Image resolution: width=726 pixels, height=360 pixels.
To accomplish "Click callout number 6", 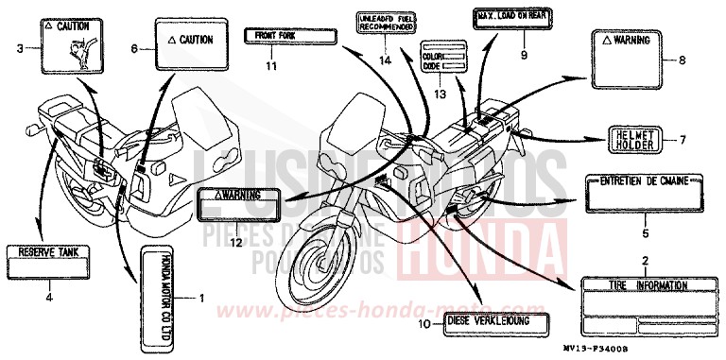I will click(134, 47).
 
